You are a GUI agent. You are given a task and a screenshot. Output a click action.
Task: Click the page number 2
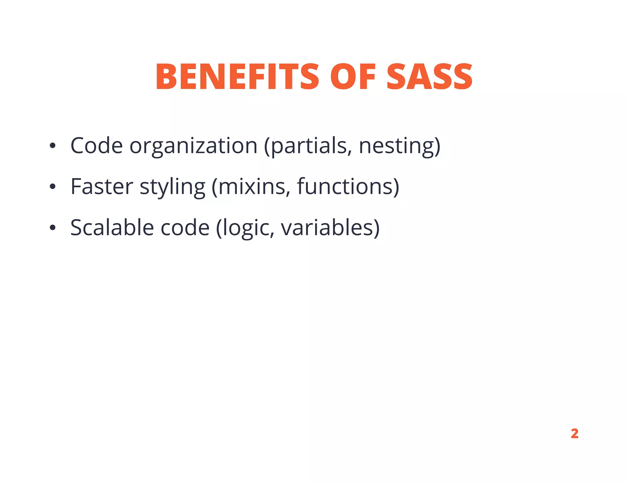pos(574,434)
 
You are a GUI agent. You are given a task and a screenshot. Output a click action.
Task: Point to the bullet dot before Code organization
pos(53,146)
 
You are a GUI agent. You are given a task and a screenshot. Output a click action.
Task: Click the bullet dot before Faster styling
pos(53,187)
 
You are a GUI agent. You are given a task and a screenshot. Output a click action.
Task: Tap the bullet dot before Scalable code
pos(53,228)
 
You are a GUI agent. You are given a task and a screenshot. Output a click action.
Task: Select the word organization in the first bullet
pos(193,146)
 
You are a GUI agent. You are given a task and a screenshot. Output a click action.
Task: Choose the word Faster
pos(102,187)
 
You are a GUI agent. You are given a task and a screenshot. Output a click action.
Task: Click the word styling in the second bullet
pos(172,187)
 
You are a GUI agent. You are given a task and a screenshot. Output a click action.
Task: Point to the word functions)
pos(348,187)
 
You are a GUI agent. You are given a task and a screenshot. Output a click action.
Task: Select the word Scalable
pos(112,228)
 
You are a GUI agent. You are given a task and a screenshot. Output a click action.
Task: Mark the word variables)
pos(330,228)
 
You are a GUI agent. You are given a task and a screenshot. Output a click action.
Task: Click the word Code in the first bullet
pos(97,146)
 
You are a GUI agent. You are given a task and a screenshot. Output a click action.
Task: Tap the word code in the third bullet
pos(185,228)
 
